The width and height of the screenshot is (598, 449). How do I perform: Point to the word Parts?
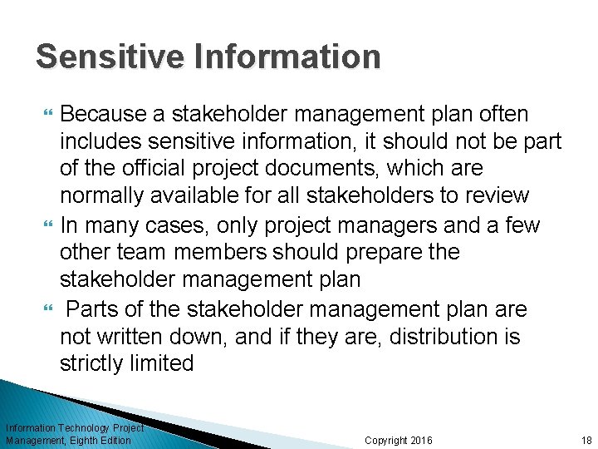click(x=93, y=310)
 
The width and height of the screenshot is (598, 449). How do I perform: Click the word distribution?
click(x=438, y=338)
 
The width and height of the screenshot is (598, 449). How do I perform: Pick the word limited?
click(x=164, y=364)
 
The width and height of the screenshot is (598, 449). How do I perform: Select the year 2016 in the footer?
click(x=419, y=441)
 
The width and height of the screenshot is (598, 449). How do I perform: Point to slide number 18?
click(x=586, y=441)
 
